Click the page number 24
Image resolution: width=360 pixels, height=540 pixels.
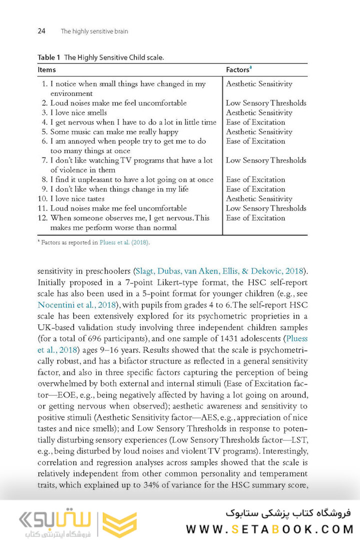point(41,31)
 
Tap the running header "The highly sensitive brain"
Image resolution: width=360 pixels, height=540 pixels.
point(94,31)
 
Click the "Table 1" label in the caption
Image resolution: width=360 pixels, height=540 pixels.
point(48,57)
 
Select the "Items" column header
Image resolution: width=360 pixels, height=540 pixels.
point(47,70)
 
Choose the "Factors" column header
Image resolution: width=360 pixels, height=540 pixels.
point(237,70)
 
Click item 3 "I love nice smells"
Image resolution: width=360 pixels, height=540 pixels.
point(78,112)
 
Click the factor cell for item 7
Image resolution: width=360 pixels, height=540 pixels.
point(266,160)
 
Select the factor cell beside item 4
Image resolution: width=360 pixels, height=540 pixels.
point(255,122)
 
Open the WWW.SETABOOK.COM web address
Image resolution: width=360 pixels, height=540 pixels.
point(269,528)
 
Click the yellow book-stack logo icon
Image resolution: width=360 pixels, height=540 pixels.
point(119,523)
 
